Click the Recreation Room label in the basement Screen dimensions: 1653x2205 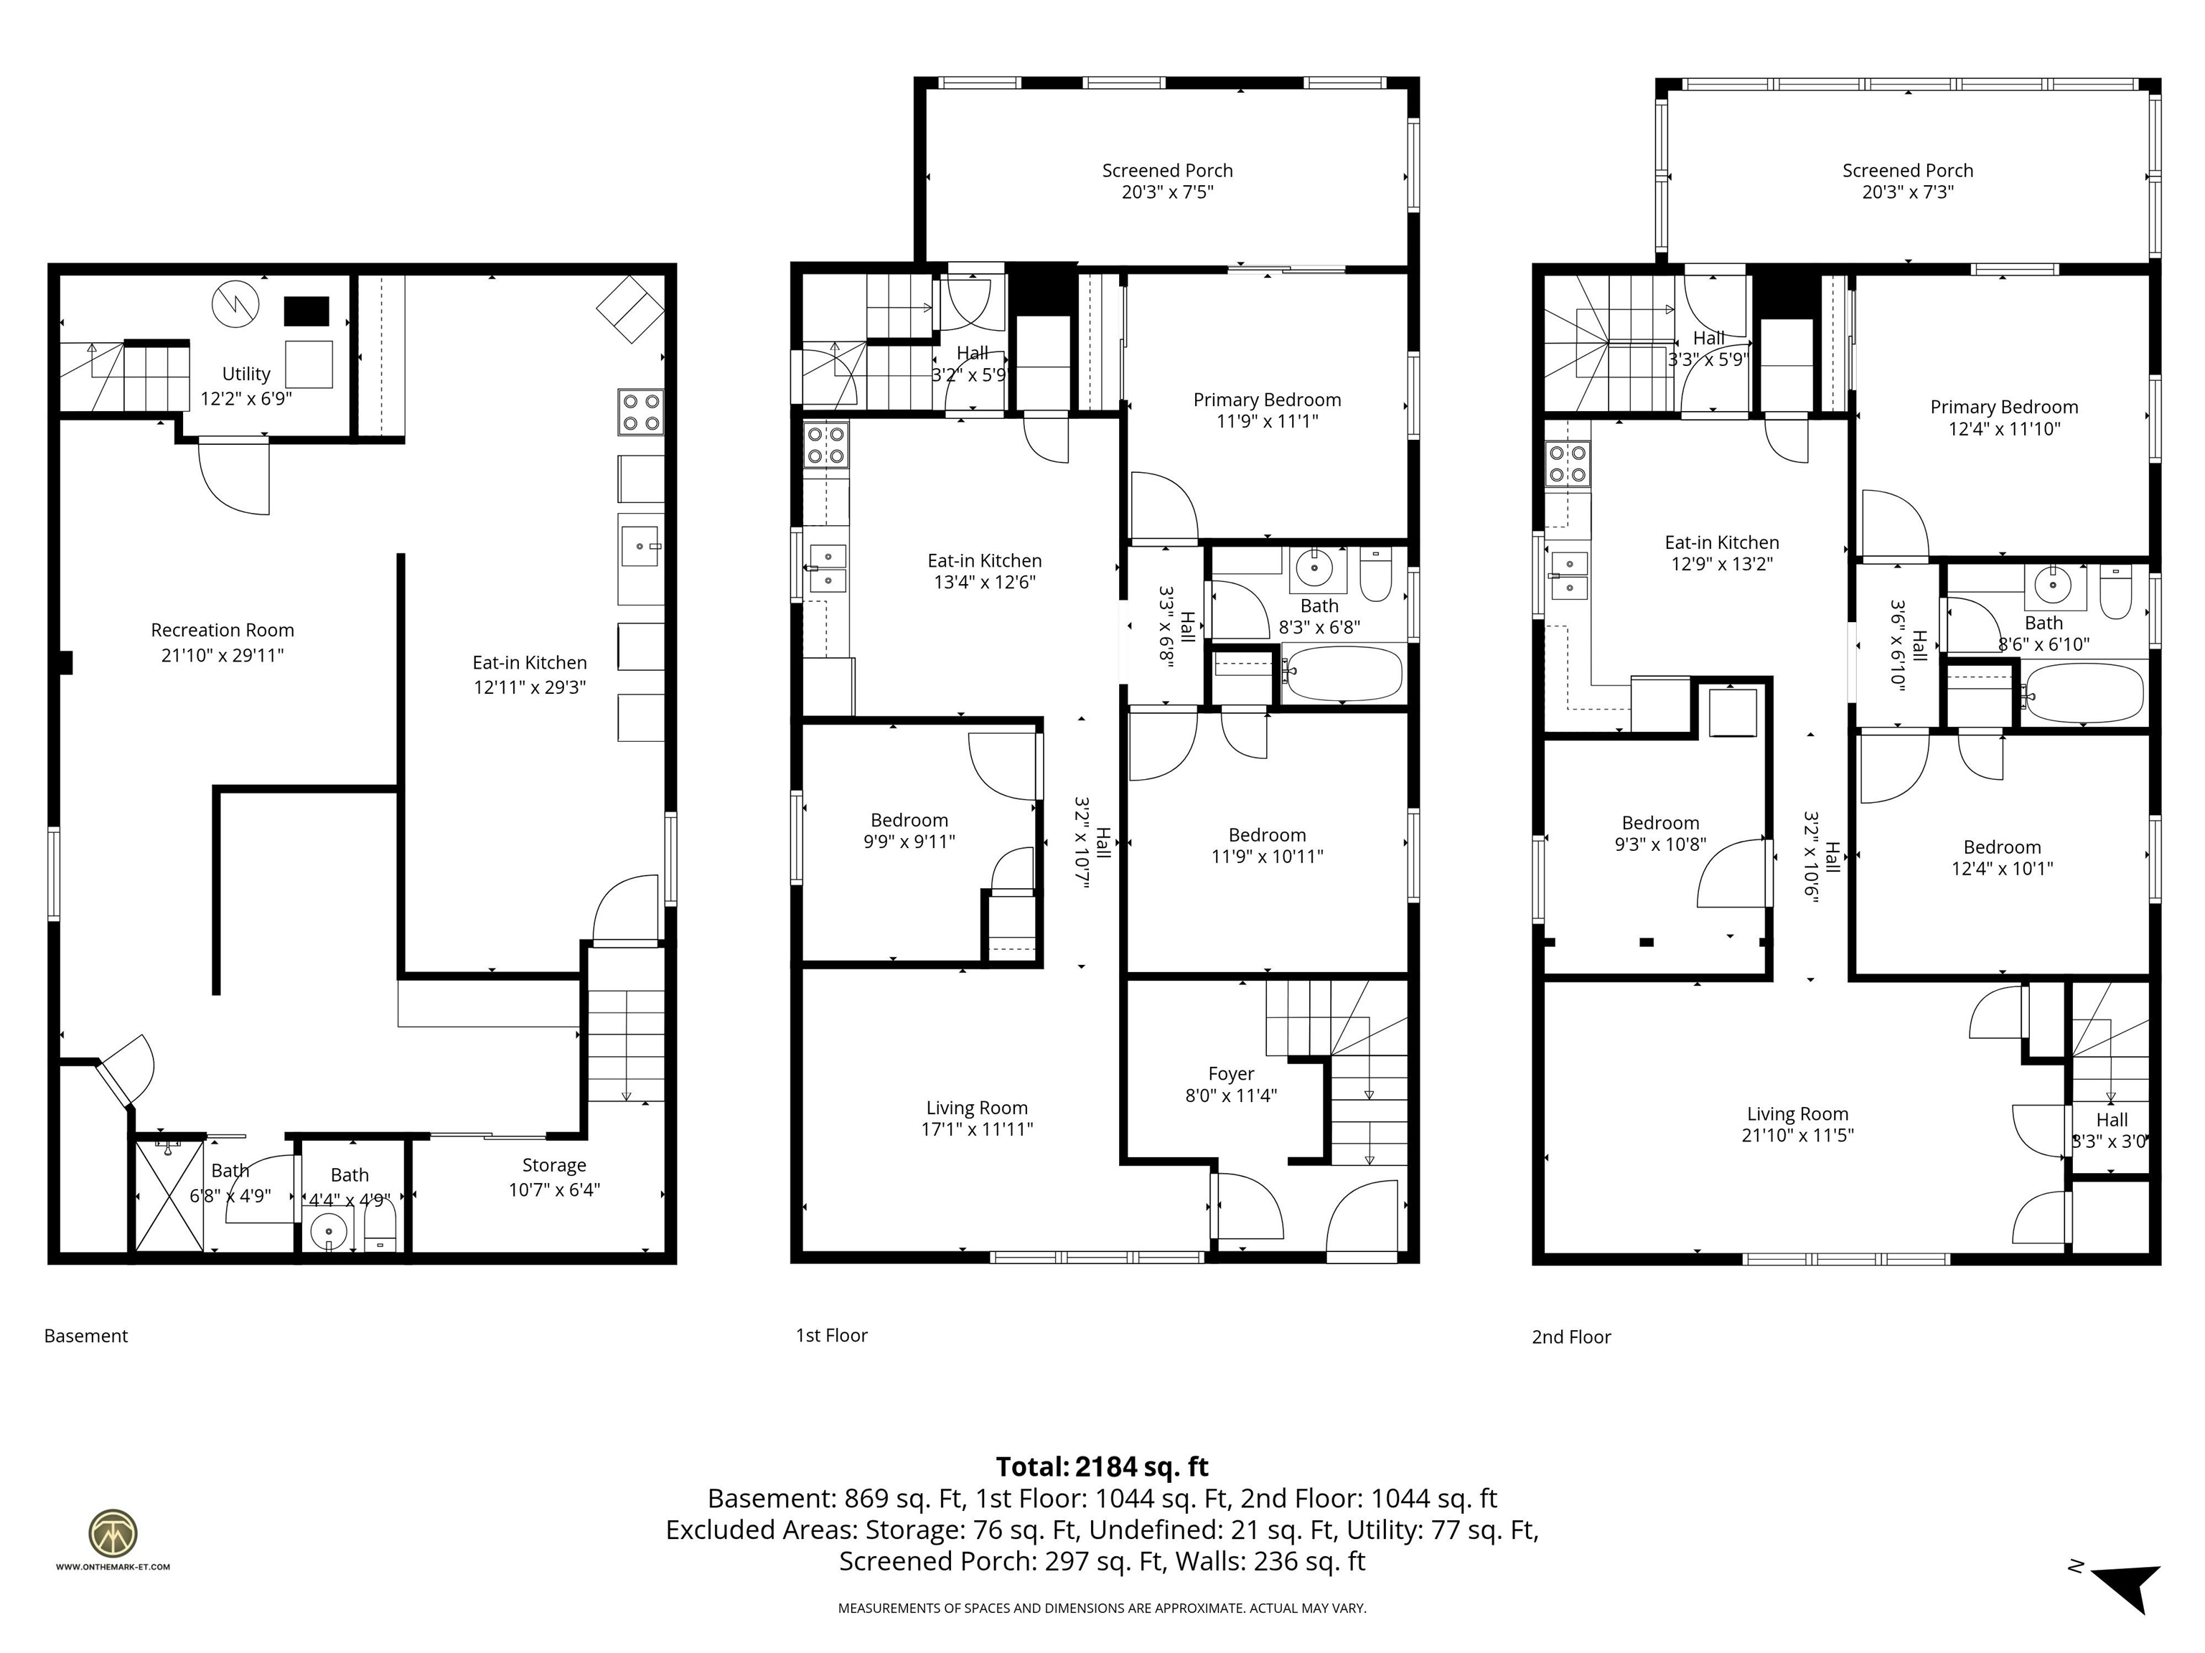coord(223,630)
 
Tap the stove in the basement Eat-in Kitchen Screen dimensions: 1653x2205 coord(641,413)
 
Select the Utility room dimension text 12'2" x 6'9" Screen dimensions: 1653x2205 coord(246,399)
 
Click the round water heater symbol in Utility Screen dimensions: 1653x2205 coord(235,304)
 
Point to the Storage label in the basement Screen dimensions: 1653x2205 coord(554,1164)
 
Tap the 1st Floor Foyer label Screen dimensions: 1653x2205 coord(1230,1074)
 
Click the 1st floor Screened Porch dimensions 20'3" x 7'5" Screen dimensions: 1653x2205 coord(1167,192)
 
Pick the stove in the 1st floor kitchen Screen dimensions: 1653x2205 coord(826,446)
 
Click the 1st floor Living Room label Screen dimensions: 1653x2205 coord(976,1108)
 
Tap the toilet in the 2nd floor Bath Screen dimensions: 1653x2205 coord(2115,595)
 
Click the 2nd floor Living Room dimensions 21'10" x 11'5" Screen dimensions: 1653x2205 coord(1797,1136)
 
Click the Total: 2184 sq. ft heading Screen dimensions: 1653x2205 coord(1102,1466)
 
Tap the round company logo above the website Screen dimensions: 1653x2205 coord(113,1533)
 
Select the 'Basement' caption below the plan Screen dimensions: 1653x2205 coord(85,1336)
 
